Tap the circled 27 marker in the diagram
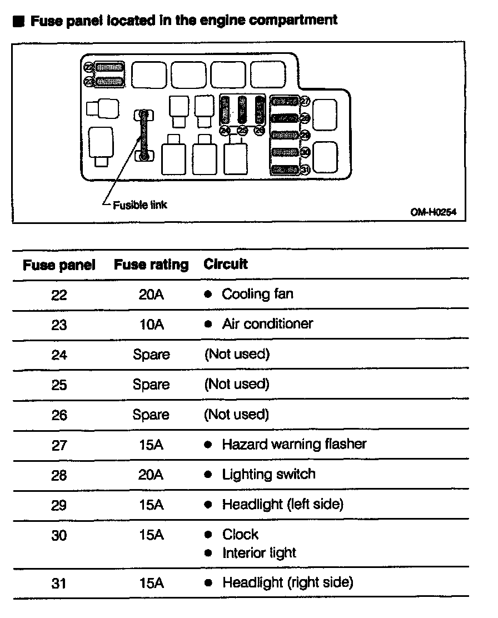click(x=305, y=101)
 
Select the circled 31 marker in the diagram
click(x=305, y=170)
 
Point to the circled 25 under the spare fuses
click(x=242, y=131)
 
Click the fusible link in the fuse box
click(x=144, y=136)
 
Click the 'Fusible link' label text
click(x=140, y=205)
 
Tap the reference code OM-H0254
click(x=430, y=212)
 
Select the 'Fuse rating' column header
click(x=151, y=265)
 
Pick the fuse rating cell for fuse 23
click(x=151, y=324)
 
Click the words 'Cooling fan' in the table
click(x=257, y=294)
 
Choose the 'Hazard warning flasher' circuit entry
click(x=294, y=444)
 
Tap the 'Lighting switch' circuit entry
click(x=268, y=474)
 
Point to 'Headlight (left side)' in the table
click(x=282, y=504)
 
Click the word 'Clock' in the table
click(x=240, y=535)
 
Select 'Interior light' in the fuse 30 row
click(x=259, y=553)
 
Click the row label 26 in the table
click(x=59, y=415)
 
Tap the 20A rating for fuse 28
click(x=151, y=475)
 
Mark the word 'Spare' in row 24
click(x=151, y=355)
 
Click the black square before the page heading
click(x=19, y=22)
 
